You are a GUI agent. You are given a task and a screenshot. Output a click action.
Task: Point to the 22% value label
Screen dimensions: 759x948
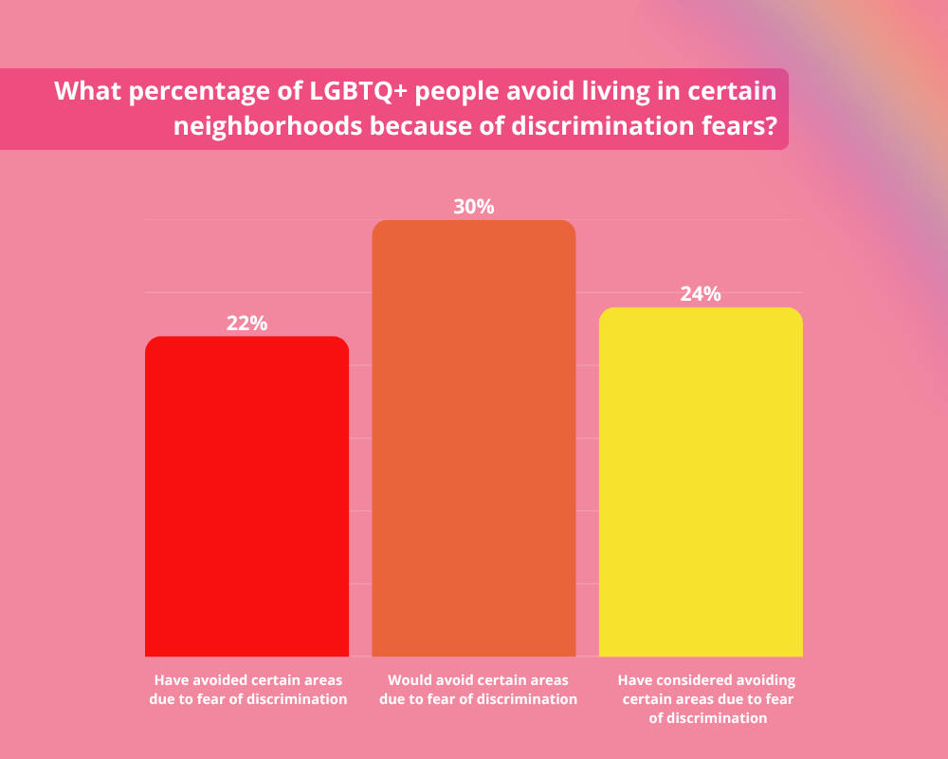tap(246, 323)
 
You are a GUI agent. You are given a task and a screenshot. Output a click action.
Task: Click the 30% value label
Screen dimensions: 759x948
tap(474, 206)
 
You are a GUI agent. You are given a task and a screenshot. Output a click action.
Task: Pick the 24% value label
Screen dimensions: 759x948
tap(701, 294)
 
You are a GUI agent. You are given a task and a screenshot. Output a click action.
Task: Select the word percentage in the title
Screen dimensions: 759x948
tap(186, 92)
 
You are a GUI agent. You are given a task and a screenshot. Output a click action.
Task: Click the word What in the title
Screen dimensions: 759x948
tap(85, 92)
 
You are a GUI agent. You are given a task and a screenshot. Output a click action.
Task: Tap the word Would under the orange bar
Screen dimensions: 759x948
tap(409, 680)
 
